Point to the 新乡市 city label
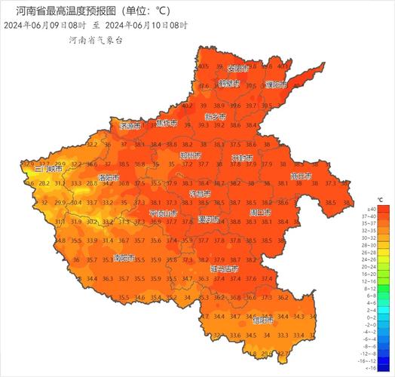point(215,117)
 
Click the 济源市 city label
point(130,126)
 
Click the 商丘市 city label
point(300,175)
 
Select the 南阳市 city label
point(124,258)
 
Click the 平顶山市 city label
point(164,213)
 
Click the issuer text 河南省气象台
point(95,39)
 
